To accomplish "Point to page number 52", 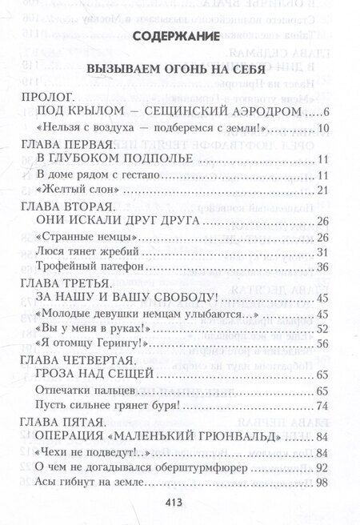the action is (323, 330).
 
